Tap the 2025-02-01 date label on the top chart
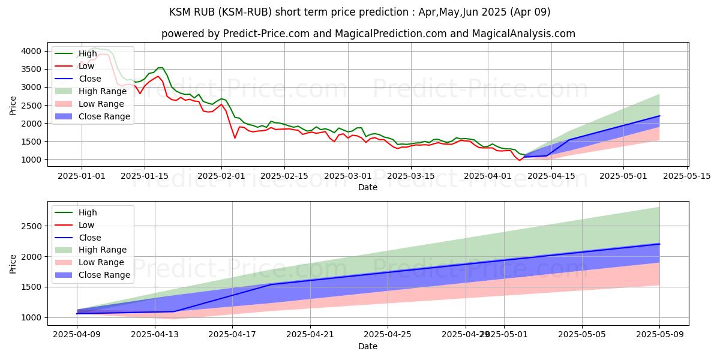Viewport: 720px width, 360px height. (221, 175)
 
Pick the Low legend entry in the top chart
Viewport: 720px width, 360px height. (86, 66)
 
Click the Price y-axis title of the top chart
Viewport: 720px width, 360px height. (13, 105)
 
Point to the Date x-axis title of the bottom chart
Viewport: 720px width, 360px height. (368, 346)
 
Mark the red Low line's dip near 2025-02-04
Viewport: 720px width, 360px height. (235, 138)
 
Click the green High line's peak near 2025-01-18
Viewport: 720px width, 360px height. (161, 68)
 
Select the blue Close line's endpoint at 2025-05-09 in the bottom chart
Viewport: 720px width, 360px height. (660, 244)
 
